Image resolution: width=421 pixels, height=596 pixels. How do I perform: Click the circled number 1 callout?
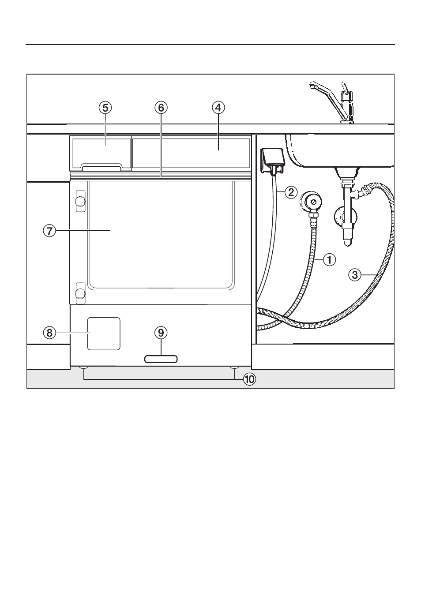tap(329, 259)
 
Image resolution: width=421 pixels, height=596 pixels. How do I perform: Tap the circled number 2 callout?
tap(291, 192)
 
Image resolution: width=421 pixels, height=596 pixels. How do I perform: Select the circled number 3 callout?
tap(355, 275)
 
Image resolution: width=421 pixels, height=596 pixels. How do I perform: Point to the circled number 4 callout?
tap(218, 108)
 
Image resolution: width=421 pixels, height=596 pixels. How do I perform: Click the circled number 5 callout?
tap(105, 108)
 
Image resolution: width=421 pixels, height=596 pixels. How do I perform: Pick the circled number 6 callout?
tap(161, 108)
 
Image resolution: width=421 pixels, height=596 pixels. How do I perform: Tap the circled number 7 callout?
tap(49, 230)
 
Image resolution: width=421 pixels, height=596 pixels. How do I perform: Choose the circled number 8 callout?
tap(49, 333)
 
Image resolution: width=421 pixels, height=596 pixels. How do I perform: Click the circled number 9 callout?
tap(161, 333)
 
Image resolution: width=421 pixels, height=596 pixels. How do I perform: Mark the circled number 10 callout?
tap(249, 379)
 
